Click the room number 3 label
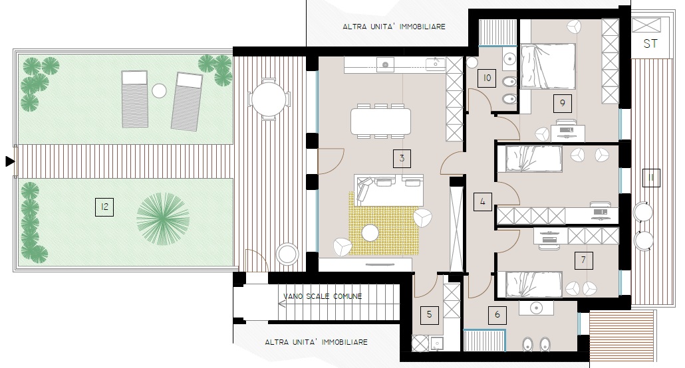point(402,159)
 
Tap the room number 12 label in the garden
point(104,207)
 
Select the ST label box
point(650,43)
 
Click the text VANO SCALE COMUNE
point(323,296)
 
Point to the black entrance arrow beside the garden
point(9,161)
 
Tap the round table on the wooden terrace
point(269,99)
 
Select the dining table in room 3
point(380,121)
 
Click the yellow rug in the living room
point(383,223)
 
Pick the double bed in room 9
point(548,66)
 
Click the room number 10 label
point(487,78)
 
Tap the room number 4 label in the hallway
point(483,202)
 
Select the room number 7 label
point(584,260)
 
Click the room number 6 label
point(497,315)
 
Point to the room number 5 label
point(430,315)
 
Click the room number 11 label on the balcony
point(651,178)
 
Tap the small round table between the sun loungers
point(159,91)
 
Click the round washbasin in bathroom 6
point(536,308)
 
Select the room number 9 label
point(562,104)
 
